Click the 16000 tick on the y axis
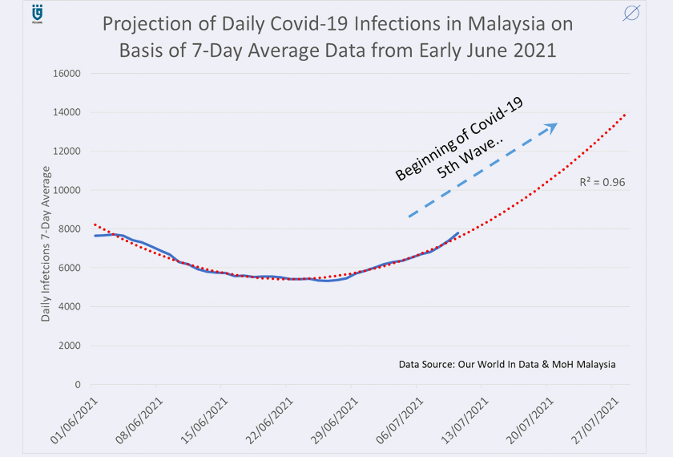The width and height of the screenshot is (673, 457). point(67,74)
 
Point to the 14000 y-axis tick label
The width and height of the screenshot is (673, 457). point(67,112)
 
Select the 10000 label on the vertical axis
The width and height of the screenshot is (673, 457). point(67,190)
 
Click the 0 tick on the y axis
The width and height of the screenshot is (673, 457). point(78,385)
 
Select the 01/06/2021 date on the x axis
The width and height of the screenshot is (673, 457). point(73,419)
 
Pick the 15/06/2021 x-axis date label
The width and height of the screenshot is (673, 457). point(204,419)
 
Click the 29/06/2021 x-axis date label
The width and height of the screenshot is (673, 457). point(334,419)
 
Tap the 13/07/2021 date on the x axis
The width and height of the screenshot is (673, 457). point(465,419)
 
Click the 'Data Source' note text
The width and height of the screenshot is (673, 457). point(506,365)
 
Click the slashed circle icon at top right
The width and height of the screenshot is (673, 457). point(631,14)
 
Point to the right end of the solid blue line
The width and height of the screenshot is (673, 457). point(457,233)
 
